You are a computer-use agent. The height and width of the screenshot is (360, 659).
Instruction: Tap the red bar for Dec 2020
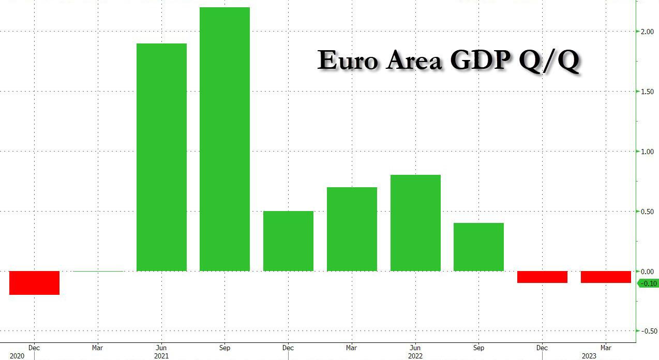[34, 282]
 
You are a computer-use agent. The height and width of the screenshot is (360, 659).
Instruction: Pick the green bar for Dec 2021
[288, 241]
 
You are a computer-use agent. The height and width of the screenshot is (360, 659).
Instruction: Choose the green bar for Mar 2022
[352, 229]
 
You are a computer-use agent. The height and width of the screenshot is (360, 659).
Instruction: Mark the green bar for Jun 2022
[415, 222]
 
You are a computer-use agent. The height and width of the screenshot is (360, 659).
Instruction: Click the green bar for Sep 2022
[478, 247]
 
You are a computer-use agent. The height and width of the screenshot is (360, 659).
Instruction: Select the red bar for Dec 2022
[542, 277]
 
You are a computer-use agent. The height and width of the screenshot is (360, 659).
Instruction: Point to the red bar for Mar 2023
[606, 277]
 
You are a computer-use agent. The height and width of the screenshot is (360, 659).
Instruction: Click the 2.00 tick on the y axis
[647, 32]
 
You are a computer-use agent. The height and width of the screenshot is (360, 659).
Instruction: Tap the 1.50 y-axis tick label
[647, 92]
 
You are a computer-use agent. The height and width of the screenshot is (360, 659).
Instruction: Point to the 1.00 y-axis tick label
[647, 152]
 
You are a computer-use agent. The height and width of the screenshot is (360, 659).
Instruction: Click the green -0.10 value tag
[648, 283]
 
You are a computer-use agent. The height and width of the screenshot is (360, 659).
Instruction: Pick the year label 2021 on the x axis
[161, 356]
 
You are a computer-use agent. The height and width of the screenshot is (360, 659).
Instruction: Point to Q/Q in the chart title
[550, 61]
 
